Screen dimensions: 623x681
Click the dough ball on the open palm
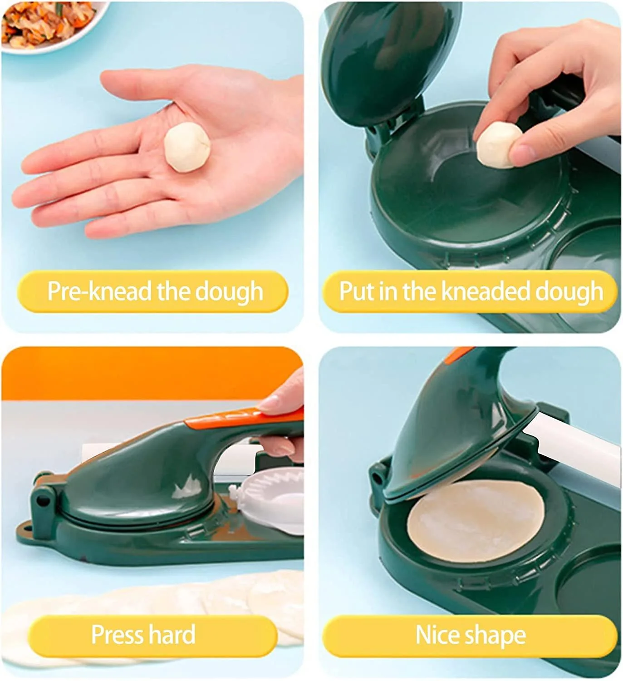coord(187,148)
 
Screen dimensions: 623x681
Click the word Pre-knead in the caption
coord(99,291)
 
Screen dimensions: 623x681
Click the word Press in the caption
coord(117,634)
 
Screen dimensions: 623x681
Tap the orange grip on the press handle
coord(244,418)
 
